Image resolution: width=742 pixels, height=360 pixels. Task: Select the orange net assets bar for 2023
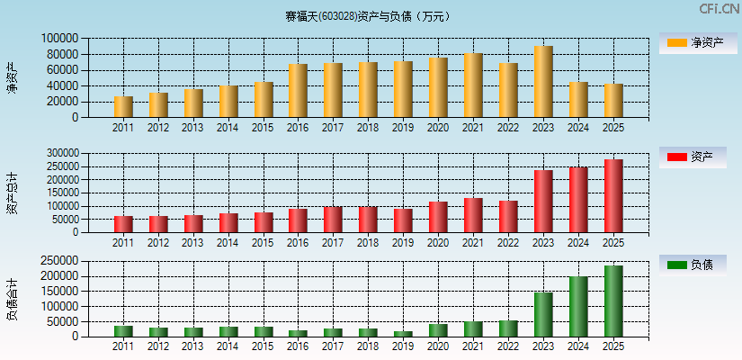pyautogui.click(x=543, y=82)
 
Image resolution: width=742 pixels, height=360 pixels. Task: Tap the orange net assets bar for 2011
pyautogui.click(x=123, y=107)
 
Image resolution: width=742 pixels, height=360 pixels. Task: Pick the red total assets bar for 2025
pyautogui.click(x=613, y=196)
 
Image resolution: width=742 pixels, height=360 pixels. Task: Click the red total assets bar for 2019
pyautogui.click(x=403, y=220)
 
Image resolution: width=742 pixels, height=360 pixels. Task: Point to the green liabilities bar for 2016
pyautogui.click(x=298, y=333)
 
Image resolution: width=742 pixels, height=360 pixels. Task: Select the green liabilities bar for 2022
pyautogui.click(x=508, y=328)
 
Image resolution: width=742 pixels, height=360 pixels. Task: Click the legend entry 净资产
pyautogui.click(x=697, y=42)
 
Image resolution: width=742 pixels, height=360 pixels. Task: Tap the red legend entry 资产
pyautogui.click(x=697, y=157)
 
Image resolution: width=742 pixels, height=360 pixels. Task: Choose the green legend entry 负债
pyautogui.click(x=697, y=265)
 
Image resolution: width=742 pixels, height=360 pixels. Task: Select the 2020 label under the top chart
pyautogui.click(x=438, y=128)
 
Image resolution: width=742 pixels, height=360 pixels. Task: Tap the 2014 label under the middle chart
pyautogui.click(x=228, y=243)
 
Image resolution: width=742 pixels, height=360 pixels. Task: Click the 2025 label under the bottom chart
pyautogui.click(x=613, y=347)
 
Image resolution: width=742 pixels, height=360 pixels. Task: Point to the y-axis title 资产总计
pyautogui.click(x=12, y=193)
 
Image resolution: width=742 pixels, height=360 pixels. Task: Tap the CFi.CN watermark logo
pyautogui.click(x=719, y=9)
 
